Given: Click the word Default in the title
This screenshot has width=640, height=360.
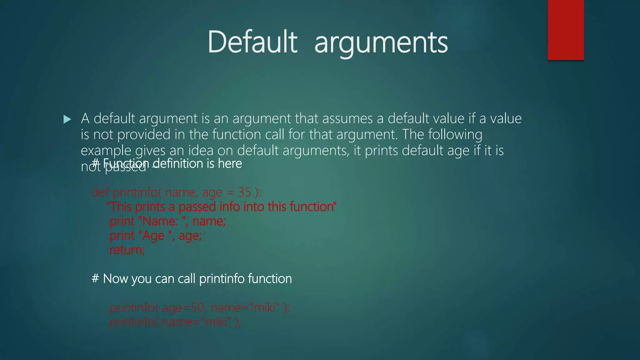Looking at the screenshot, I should pos(252,42).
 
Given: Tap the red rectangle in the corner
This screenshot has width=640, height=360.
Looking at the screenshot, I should pos(566,30).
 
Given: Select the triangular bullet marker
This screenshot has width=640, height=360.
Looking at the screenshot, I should pos(67,119).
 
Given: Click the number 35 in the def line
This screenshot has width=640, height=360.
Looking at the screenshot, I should pos(244,192).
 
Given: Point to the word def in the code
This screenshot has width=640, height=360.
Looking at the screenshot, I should pos(100,192).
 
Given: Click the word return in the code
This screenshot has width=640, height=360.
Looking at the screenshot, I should pos(127,250).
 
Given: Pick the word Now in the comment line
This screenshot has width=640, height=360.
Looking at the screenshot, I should pos(116,278).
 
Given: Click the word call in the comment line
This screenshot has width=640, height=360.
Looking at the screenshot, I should pos(187,278).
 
